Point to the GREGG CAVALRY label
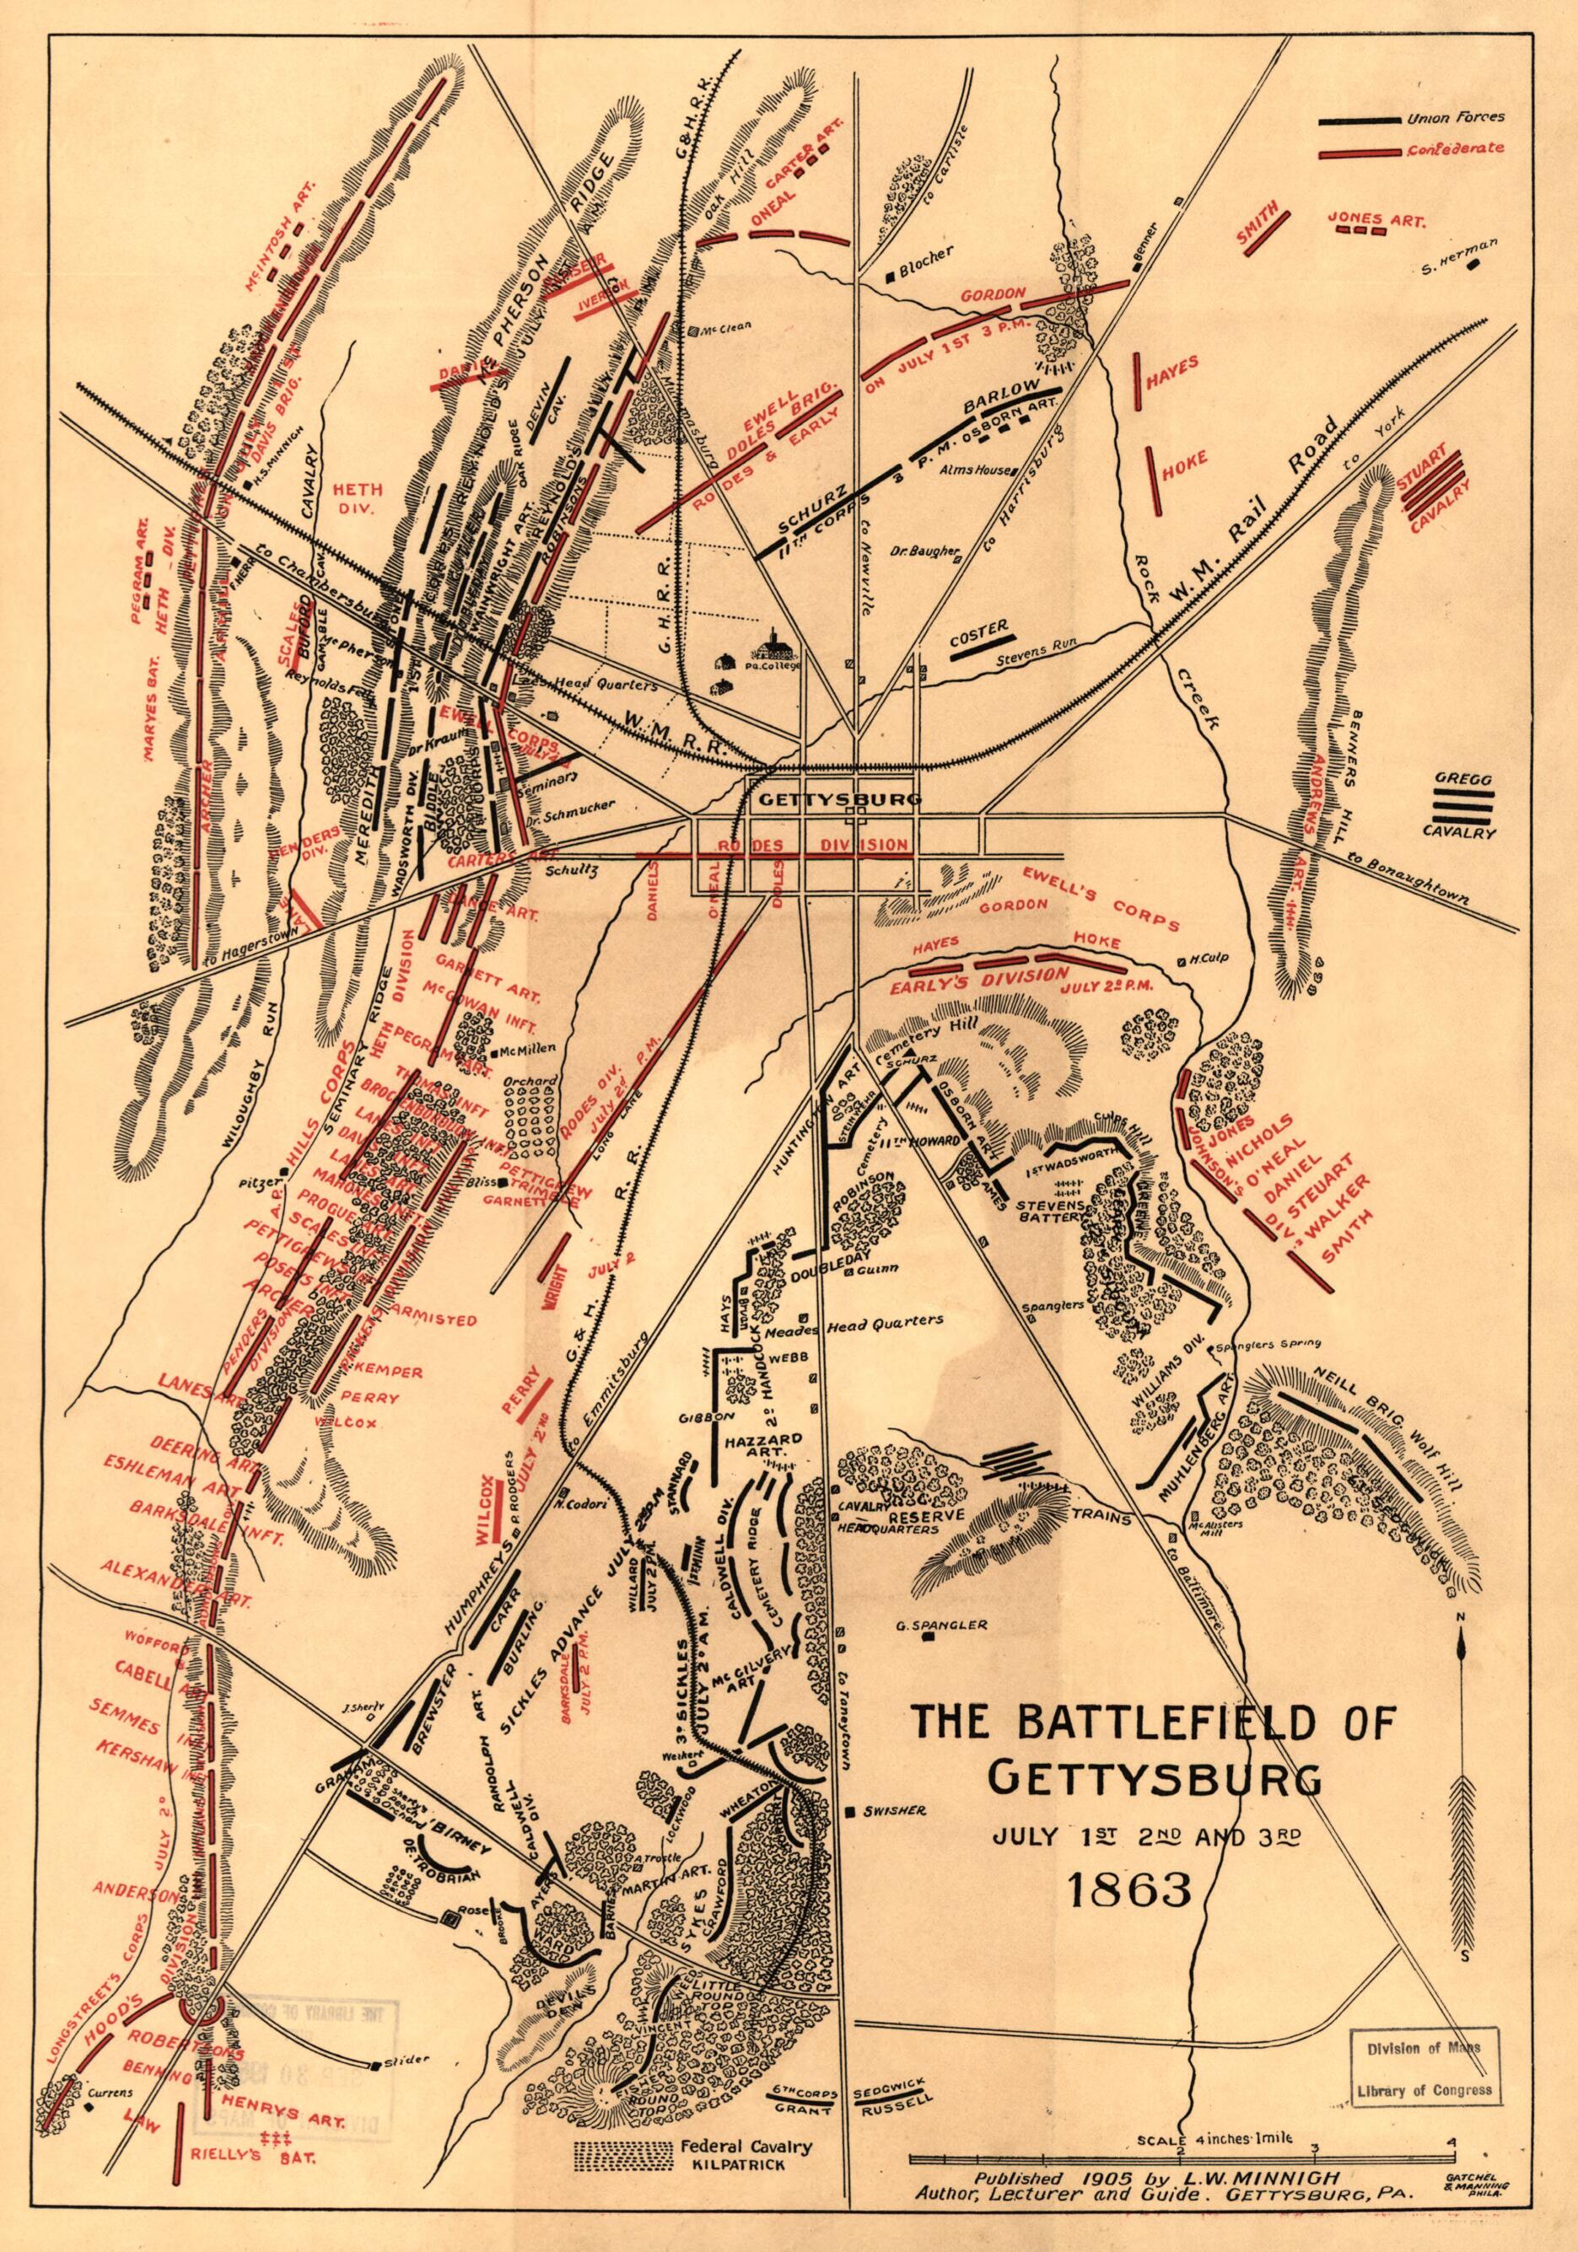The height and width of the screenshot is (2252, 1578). point(1462,806)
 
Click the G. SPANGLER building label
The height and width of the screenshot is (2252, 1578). point(941,1624)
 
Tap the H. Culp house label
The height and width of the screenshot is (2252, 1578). point(1204,959)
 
